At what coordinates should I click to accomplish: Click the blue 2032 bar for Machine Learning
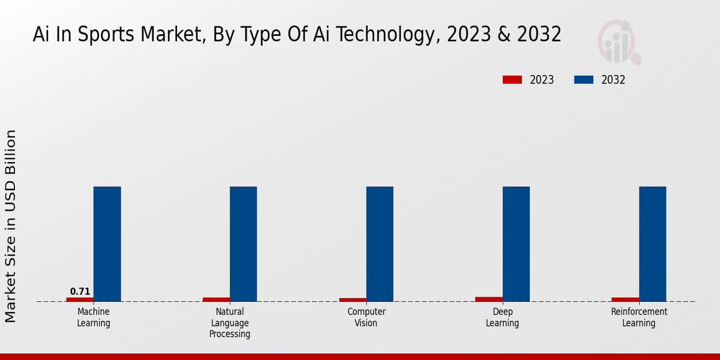coord(107,244)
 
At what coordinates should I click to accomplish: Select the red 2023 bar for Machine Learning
coord(80,299)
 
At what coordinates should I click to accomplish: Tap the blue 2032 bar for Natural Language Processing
coord(243,244)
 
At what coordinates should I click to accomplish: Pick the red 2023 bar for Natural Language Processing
coord(216,299)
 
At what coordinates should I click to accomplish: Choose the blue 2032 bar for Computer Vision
coord(380,244)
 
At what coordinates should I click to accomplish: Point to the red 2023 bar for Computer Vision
coord(353,299)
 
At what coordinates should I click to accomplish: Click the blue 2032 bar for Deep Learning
coord(516,244)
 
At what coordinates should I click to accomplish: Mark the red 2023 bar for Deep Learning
coord(489,299)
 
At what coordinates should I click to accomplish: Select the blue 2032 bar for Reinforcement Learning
coord(652,244)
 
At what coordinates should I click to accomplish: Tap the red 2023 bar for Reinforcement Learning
coord(625,299)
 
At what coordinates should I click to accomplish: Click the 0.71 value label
coord(80,292)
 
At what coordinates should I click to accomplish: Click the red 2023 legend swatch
coord(512,80)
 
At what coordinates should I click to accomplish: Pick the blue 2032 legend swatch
coord(584,80)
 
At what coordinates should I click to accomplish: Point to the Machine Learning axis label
coord(94,317)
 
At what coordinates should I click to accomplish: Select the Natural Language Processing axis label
coord(230,323)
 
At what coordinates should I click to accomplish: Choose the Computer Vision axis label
coord(366,317)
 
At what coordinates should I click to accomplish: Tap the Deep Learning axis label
coord(502,317)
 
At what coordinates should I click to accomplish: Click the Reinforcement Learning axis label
coord(638,317)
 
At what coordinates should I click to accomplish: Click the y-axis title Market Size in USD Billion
coord(11,226)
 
